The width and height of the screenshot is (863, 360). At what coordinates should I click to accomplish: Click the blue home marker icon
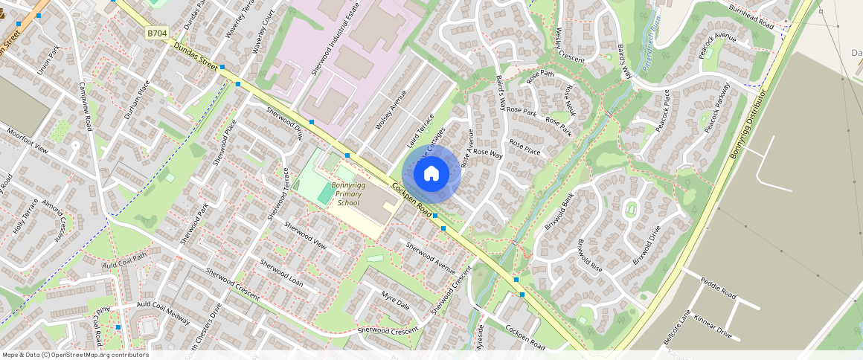tap(431, 174)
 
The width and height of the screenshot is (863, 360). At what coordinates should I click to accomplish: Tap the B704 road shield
tap(156, 33)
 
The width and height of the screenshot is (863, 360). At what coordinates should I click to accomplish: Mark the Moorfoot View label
tap(28, 139)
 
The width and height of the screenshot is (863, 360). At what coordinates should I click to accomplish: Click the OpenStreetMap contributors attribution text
tap(74, 355)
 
